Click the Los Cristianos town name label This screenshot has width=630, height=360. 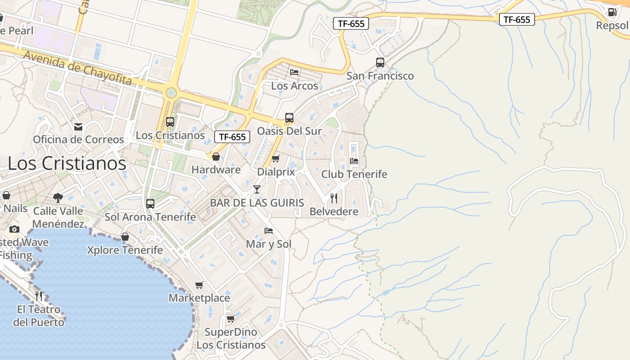tap(67, 163)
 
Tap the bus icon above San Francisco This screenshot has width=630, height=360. tap(380, 63)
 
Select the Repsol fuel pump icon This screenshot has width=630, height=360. tap(612, 12)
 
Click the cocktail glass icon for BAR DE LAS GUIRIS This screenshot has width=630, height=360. tap(257, 189)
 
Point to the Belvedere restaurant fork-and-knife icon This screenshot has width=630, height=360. tap(334, 198)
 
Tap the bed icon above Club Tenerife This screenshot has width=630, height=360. tap(354, 161)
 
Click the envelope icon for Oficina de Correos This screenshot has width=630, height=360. tap(78, 127)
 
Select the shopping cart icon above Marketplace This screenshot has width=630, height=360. tap(199, 285)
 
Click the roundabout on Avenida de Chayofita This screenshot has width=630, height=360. tap(171, 93)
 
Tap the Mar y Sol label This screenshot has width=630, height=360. tap(269, 244)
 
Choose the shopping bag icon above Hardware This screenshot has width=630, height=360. tap(216, 157)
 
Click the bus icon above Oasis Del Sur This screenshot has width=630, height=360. tap(289, 118)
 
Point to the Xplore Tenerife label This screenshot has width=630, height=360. tap(125, 250)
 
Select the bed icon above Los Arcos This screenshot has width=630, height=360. tap(294, 72)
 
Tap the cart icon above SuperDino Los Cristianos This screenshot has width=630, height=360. tap(230, 319)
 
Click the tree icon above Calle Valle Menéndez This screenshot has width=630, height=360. tap(58, 197)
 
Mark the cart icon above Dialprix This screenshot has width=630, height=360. tap(275, 158)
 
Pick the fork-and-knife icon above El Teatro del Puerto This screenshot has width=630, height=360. tap(39, 296)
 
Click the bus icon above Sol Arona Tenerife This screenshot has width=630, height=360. tap(150, 204)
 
